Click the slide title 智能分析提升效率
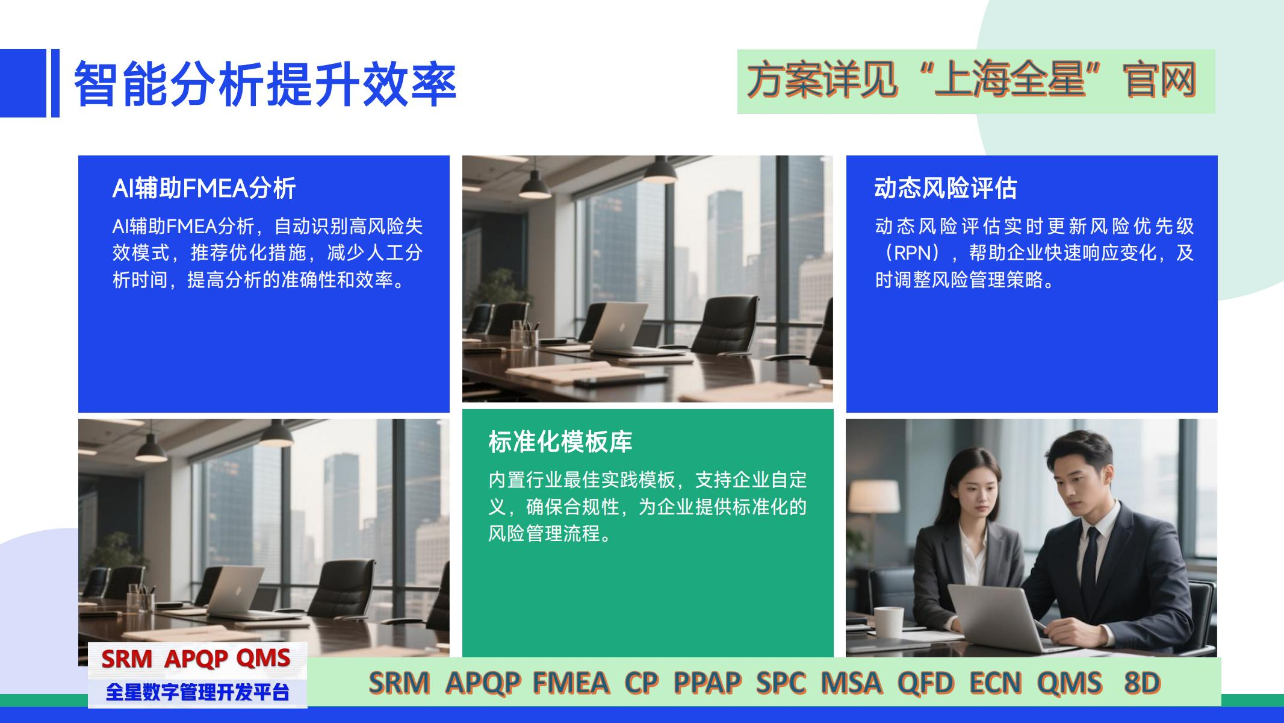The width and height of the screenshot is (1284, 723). coord(265,83)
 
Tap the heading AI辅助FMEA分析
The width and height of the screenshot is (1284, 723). coord(204,189)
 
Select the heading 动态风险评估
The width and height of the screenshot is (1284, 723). coord(946,189)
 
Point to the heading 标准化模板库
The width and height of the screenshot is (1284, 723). coord(560,442)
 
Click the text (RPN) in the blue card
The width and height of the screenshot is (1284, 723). coord(913,253)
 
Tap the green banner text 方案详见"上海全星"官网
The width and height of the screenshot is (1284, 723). coord(972,81)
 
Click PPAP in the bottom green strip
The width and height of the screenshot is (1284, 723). coord(707,683)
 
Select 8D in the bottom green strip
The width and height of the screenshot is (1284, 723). coord(1142,683)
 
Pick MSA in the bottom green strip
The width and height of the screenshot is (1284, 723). coord(851,683)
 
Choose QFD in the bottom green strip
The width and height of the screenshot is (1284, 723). coord(926,683)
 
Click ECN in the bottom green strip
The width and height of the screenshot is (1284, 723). coord(996,683)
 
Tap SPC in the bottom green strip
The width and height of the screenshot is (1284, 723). coord(781,683)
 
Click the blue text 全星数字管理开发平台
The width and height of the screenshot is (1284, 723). coord(197,692)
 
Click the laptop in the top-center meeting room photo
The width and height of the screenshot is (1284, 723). coord(618,328)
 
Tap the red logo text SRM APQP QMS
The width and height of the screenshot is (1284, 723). coord(196,659)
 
